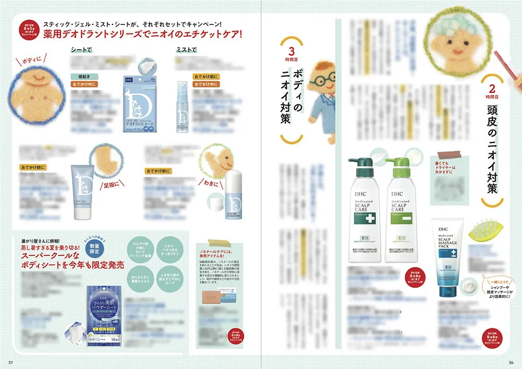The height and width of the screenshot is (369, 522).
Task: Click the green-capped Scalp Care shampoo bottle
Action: coord(401,209)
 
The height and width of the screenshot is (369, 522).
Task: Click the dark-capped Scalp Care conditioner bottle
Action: coord(366,209)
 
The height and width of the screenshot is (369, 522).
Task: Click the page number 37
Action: coord(10,361)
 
